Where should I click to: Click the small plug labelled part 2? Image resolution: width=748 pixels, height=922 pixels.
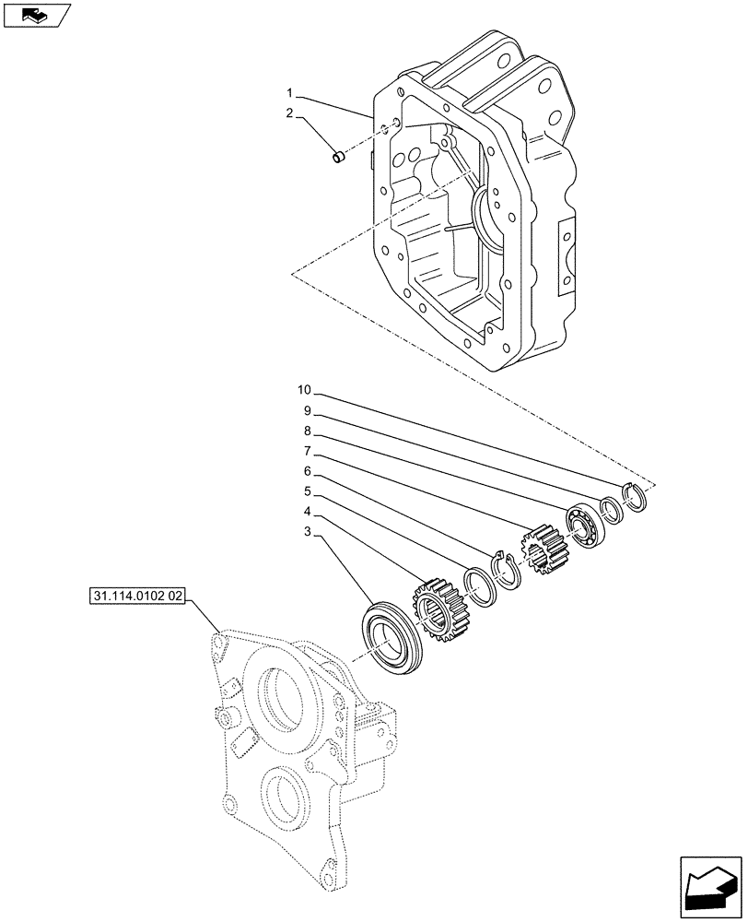point(338,160)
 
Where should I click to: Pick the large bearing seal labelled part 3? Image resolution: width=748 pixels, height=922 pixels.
point(391,637)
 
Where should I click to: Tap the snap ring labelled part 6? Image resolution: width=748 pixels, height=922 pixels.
point(507,567)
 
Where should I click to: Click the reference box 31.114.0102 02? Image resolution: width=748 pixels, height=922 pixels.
point(139,597)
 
